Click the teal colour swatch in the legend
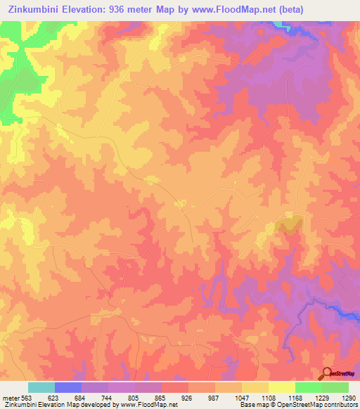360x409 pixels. [x=41, y=387]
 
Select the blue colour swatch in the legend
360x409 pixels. [x=68, y=387]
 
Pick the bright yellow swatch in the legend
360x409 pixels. [x=282, y=387]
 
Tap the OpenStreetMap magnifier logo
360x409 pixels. [x=327, y=373]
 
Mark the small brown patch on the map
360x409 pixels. [x=289, y=226]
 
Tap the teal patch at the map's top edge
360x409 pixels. [x=283, y=25]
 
